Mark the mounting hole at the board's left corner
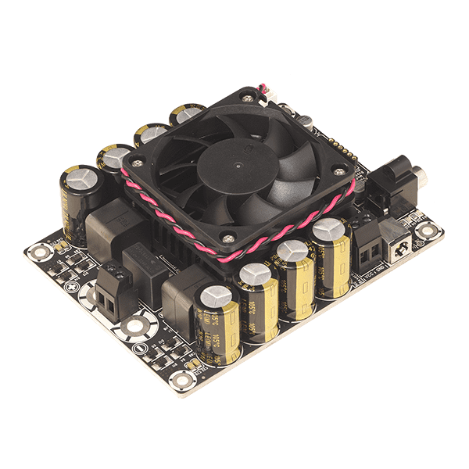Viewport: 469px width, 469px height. [x=36, y=252]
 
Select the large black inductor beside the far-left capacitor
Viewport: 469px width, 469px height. [x=109, y=227]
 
